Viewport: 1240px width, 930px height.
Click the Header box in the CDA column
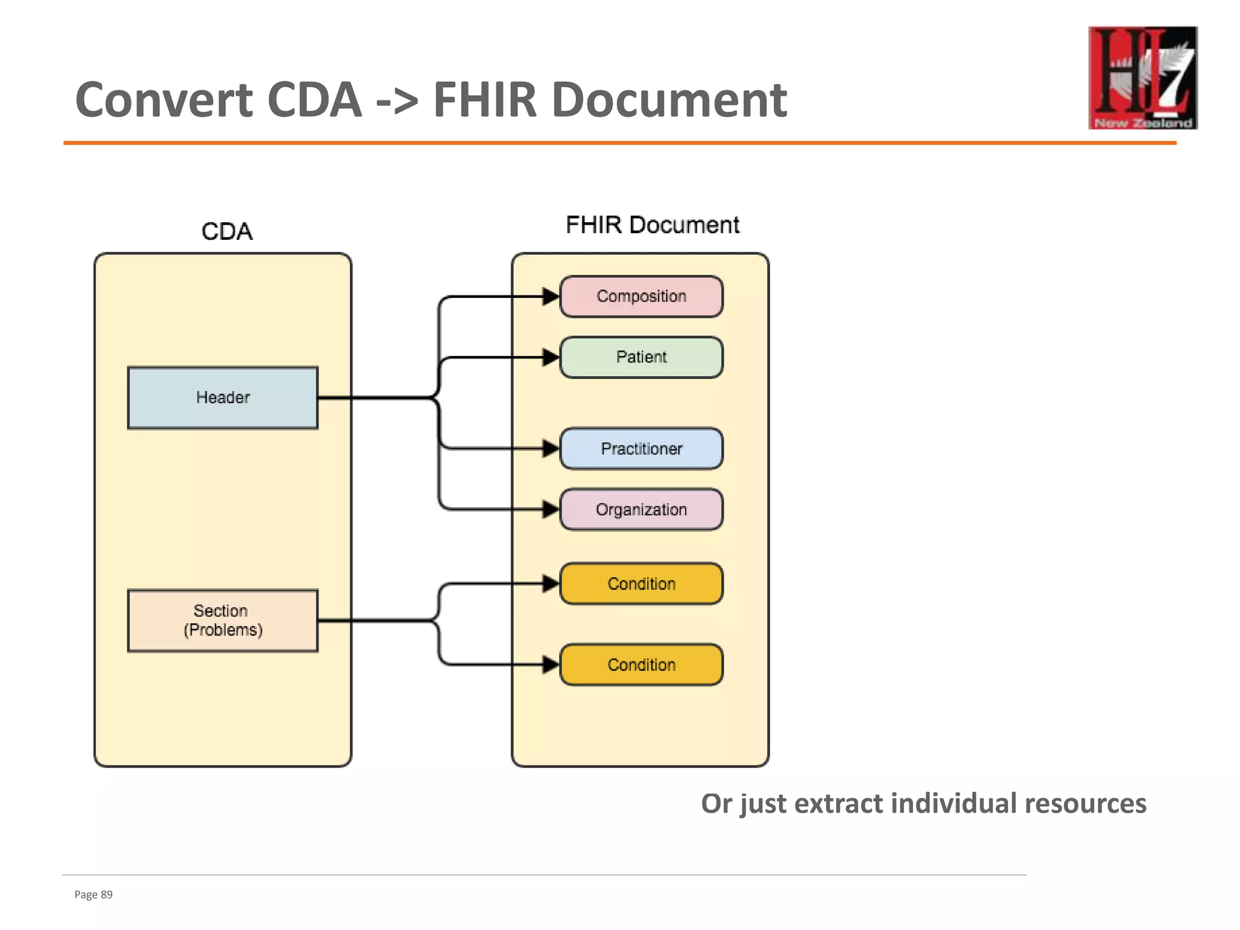[x=223, y=398]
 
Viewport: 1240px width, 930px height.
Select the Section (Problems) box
[x=223, y=621]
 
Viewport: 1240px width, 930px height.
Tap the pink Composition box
[x=641, y=297]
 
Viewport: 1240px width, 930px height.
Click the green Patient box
[x=641, y=357]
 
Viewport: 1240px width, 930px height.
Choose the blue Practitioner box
[x=641, y=449]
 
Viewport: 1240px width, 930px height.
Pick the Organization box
[x=641, y=510]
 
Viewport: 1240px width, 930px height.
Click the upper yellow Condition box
[x=641, y=584]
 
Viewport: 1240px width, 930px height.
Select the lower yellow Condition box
[x=641, y=665]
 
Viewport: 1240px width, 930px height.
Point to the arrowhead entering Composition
[x=550, y=297]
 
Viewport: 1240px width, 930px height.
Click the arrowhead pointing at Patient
[x=550, y=357]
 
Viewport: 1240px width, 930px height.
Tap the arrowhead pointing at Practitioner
[x=550, y=449]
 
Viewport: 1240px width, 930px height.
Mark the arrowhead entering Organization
[x=550, y=510]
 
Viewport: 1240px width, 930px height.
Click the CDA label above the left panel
[x=227, y=231]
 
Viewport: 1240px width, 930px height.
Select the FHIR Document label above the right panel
[x=652, y=225]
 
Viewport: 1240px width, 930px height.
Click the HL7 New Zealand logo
[x=1143, y=77]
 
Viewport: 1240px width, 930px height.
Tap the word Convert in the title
[x=163, y=100]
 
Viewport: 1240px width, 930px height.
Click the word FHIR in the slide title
[x=485, y=100]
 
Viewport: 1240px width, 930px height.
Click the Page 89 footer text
[x=93, y=895]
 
